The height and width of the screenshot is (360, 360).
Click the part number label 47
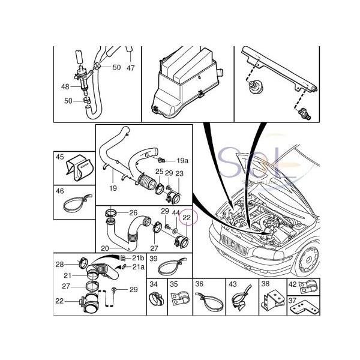131,68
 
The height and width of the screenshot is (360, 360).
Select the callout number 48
65,87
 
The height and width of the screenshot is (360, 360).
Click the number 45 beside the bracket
60,157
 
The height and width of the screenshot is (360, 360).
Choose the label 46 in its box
60,191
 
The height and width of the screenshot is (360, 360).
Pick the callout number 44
176,213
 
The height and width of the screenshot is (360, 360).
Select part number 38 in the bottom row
265,284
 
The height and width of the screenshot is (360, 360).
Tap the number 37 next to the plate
292,301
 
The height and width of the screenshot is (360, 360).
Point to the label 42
292,284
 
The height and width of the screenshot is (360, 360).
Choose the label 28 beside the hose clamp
60,264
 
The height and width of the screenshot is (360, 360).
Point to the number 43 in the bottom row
233,284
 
